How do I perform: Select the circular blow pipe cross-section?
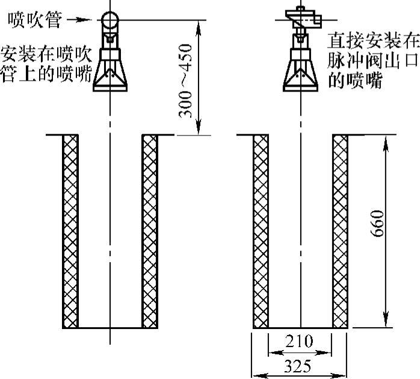(x=110, y=20)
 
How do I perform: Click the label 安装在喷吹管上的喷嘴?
(x=46, y=63)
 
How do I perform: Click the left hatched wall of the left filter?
(x=70, y=231)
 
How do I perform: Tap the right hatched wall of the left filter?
(x=149, y=231)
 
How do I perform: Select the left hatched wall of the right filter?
(x=260, y=231)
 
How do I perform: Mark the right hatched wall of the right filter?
(x=339, y=231)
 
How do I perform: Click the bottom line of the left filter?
(x=110, y=328)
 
